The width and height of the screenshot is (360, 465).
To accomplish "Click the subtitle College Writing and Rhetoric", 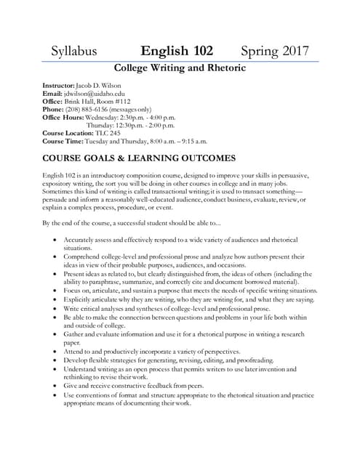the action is pos(180,68).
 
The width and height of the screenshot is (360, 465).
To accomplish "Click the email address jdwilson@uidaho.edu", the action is pos(95,94).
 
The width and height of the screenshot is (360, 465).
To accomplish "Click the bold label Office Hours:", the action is pos(63,118).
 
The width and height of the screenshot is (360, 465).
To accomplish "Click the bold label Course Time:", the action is pos(63,142).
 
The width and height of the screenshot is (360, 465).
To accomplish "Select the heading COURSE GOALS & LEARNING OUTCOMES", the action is pos(139,158).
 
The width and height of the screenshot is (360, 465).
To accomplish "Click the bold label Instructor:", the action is pos(59,86).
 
